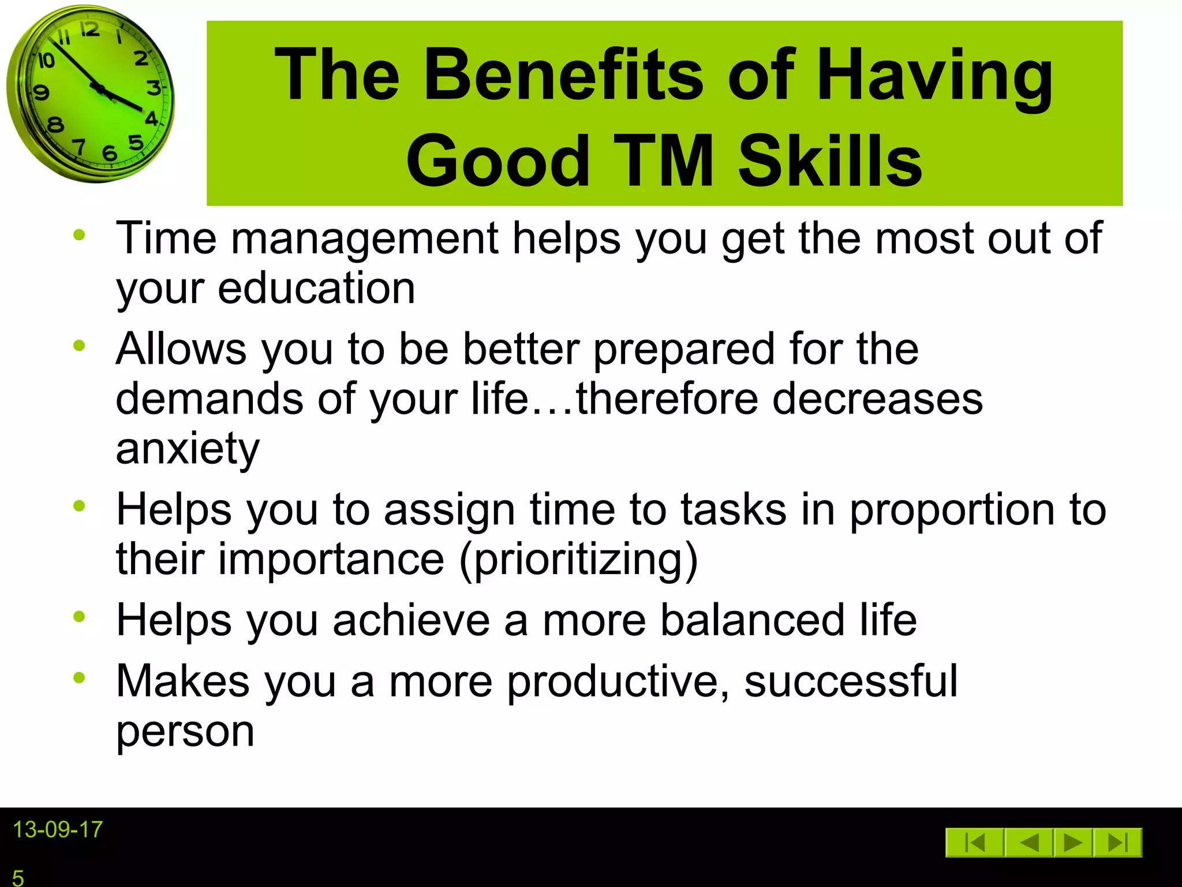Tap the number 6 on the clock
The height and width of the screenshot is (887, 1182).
pos(109,153)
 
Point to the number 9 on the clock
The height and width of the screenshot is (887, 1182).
pos(41,92)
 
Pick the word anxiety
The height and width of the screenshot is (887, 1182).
pos(188,449)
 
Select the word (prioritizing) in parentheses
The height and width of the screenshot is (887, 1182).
pos(579,559)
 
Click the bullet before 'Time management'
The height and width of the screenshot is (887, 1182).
pos(79,235)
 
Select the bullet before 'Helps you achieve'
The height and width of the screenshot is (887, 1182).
pos(79,617)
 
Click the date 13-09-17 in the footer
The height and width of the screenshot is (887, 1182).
pos(57,830)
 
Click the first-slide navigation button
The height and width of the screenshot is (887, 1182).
pos(975,843)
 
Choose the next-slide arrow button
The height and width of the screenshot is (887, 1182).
pos(1072,843)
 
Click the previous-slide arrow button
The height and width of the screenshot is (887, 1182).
pos(1029,843)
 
